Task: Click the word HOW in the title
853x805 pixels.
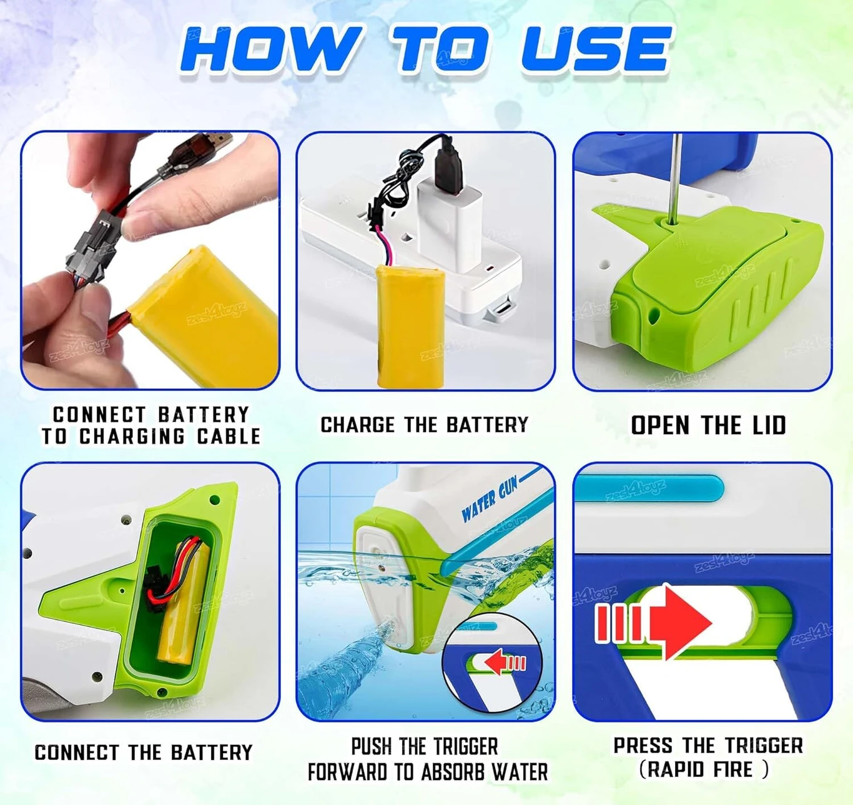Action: (x=270, y=49)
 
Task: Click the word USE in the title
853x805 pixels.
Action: (x=596, y=49)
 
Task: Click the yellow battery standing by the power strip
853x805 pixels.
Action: (x=411, y=327)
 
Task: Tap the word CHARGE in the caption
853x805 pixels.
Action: (x=357, y=425)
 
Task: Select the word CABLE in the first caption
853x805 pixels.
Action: (x=229, y=436)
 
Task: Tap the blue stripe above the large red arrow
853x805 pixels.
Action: (x=649, y=489)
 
